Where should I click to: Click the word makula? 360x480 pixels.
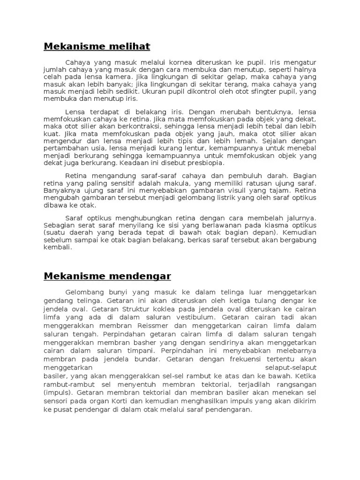pyautogui.click(x=186, y=183)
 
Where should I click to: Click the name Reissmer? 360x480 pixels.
pyautogui.click(x=142, y=326)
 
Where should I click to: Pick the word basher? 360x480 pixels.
pyautogui.click(x=134, y=343)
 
